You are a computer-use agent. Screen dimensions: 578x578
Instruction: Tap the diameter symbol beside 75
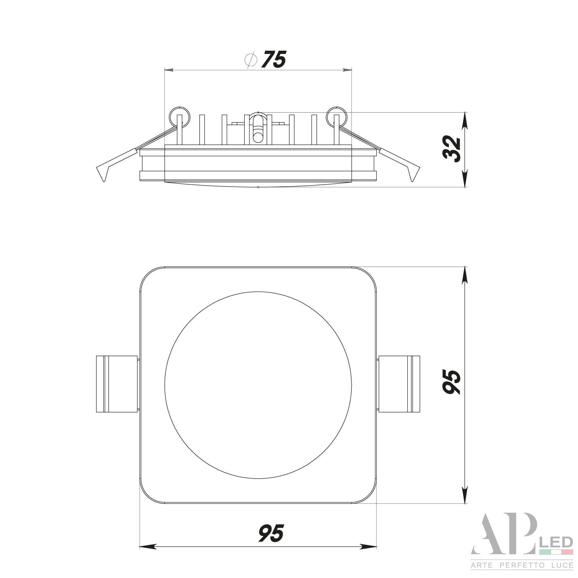click(x=251, y=60)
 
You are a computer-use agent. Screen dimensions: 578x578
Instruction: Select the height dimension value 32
click(x=452, y=149)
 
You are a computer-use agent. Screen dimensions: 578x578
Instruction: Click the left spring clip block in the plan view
click(x=117, y=384)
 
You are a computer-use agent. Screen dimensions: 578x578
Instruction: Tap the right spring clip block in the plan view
click(x=399, y=384)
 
